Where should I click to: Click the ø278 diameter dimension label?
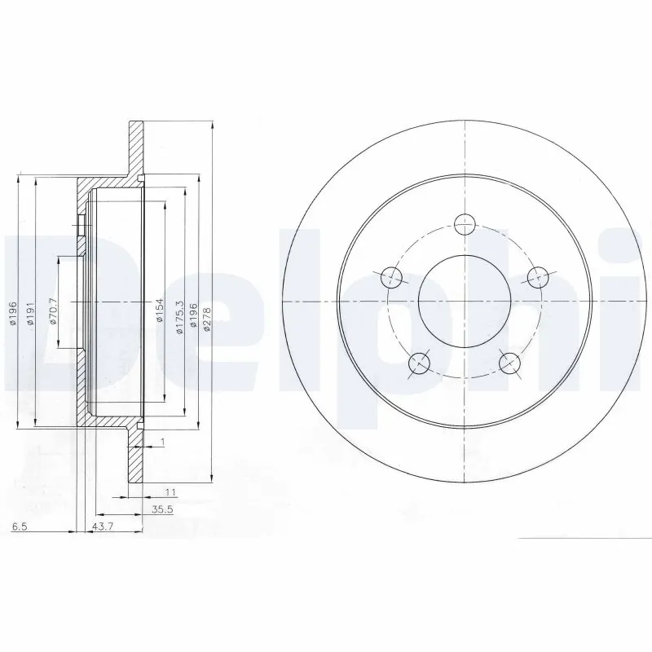pyautogui.click(x=207, y=317)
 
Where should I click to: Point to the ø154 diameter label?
pyautogui.click(x=161, y=309)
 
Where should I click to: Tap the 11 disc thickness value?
pyautogui.click(x=171, y=491)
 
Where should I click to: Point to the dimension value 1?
pyautogui.click(x=163, y=442)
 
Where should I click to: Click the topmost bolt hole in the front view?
pyautogui.click(x=465, y=222)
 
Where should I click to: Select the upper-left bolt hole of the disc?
pyautogui.click(x=392, y=275)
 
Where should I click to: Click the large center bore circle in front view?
pyautogui.click(x=464, y=299)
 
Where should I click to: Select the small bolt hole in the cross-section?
pyautogui.click(x=81, y=231)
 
